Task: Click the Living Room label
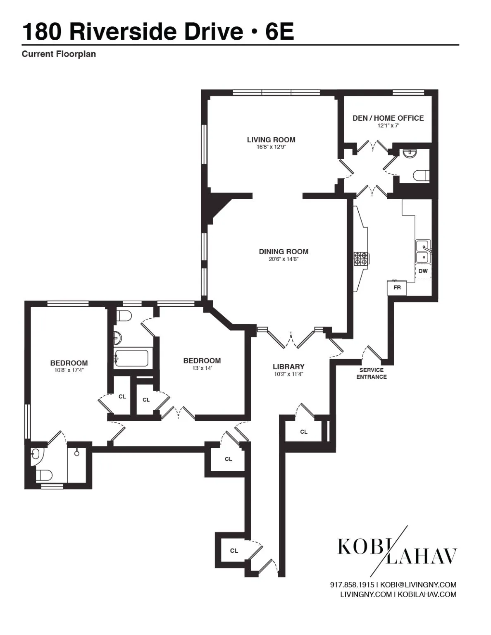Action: pyautogui.click(x=271, y=140)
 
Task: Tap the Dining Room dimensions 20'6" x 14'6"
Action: pyautogui.click(x=284, y=259)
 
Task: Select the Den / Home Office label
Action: pyautogui.click(x=388, y=118)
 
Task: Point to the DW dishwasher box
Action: pyautogui.click(x=423, y=271)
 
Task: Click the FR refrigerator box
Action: pyautogui.click(x=397, y=288)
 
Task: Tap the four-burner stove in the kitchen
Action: pyautogui.click(x=360, y=258)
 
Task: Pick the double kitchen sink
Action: pyautogui.click(x=423, y=251)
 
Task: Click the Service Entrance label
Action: pyautogui.click(x=372, y=373)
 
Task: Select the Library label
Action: pyautogui.click(x=288, y=367)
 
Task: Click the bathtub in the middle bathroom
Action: pyautogui.click(x=131, y=358)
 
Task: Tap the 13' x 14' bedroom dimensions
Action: pyautogui.click(x=202, y=368)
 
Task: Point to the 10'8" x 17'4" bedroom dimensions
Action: pyautogui.click(x=69, y=370)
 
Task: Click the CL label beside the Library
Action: pyautogui.click(x=304, y=432)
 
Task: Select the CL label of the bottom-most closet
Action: pyautogui.click(x=234, y=550)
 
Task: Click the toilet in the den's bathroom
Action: pyautogui.click(x=421, y=176)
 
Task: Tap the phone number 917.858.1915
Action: pyautogui.click(x=352, y=585)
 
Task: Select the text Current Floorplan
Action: pyautogui.click(x=59, y=54)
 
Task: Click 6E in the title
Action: pyautogui.click(x=279, y=31)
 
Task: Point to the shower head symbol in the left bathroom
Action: pyautogui.click(x=77, y=453)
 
